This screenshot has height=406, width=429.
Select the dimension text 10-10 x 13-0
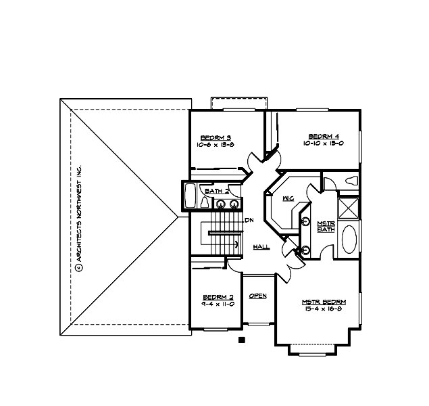[x=324, y=143]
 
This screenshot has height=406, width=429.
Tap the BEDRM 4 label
[x=324, y=135]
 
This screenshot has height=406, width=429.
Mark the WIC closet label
[x=288, y=198]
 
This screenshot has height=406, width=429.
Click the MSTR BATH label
[x=326, y=226]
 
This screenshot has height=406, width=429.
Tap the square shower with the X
[x=349, y=206]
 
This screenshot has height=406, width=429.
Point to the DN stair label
[x=249, y=220]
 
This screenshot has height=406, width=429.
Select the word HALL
[x=262, y=247]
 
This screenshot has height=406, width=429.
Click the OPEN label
[x=257, y=296]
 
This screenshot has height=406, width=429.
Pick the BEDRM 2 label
[x=218, y=297]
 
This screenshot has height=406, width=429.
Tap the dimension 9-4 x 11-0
[x=218, y=304]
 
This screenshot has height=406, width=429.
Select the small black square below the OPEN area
[x=241, y=340]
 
